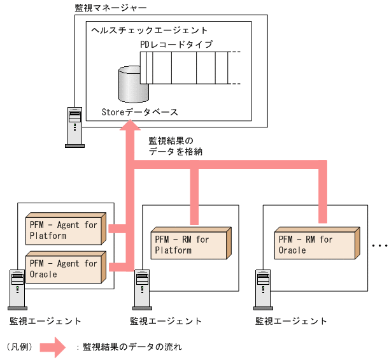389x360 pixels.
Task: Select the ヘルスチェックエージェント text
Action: point(149,30)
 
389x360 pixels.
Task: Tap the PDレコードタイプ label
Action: point(176,45)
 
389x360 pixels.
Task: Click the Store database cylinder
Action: point(133,83)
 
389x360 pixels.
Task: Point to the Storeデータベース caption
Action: point(139,112)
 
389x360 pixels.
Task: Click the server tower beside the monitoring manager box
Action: point(74,126)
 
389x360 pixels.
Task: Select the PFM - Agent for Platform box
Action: point(64,230)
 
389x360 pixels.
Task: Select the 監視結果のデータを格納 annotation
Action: point(175,145)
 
